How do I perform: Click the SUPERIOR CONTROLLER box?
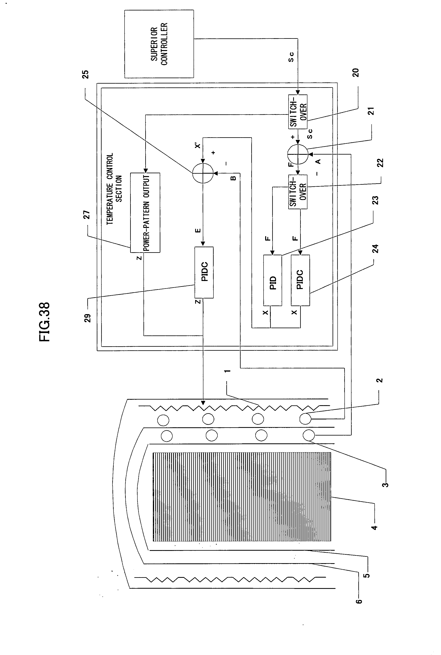[x=159, y=44]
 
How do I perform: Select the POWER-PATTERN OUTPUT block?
[x=145, y=213]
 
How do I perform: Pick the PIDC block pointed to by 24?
[x=300, y=280]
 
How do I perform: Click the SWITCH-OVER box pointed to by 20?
[x=298, y=112]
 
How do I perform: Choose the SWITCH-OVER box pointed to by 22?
[x=298, y=192]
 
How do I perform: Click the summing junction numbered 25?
[x=203, y=173]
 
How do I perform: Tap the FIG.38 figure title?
[x=45, y=322]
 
